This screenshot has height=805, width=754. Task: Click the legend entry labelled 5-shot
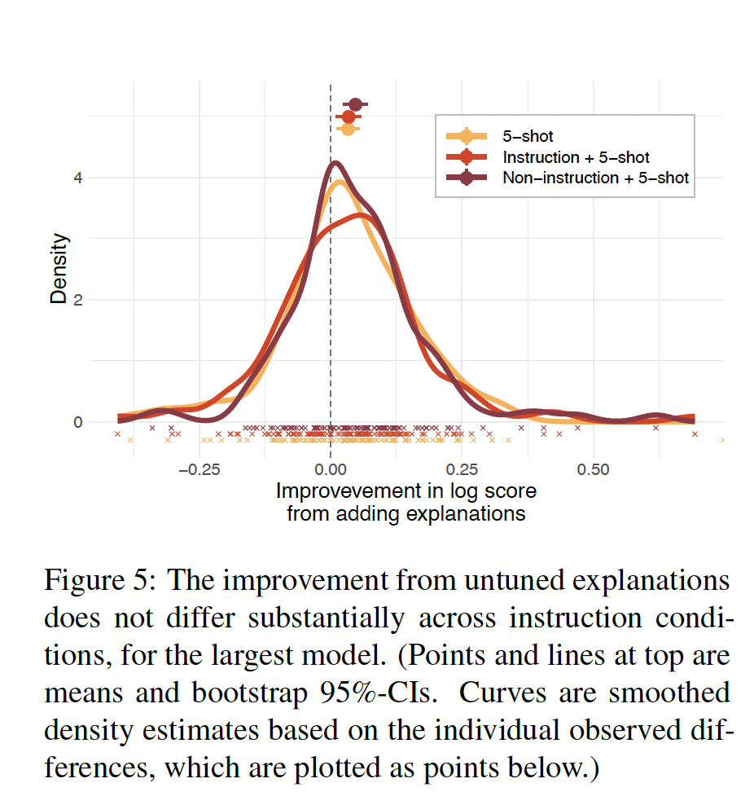tap(528, 137)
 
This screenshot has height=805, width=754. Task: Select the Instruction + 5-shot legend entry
tap(576, 157)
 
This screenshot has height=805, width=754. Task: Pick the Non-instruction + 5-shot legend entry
tap(595, 178)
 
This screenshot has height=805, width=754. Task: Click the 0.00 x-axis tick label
tap(331, 470)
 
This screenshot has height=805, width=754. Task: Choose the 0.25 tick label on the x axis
tap(461, 470)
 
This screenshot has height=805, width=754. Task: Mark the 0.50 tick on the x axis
tap(593, 470)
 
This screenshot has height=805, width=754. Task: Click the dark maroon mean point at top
tap(355, 103)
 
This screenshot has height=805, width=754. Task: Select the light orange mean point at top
tap(348, 129)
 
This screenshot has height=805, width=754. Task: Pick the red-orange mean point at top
tap(349, 117)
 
